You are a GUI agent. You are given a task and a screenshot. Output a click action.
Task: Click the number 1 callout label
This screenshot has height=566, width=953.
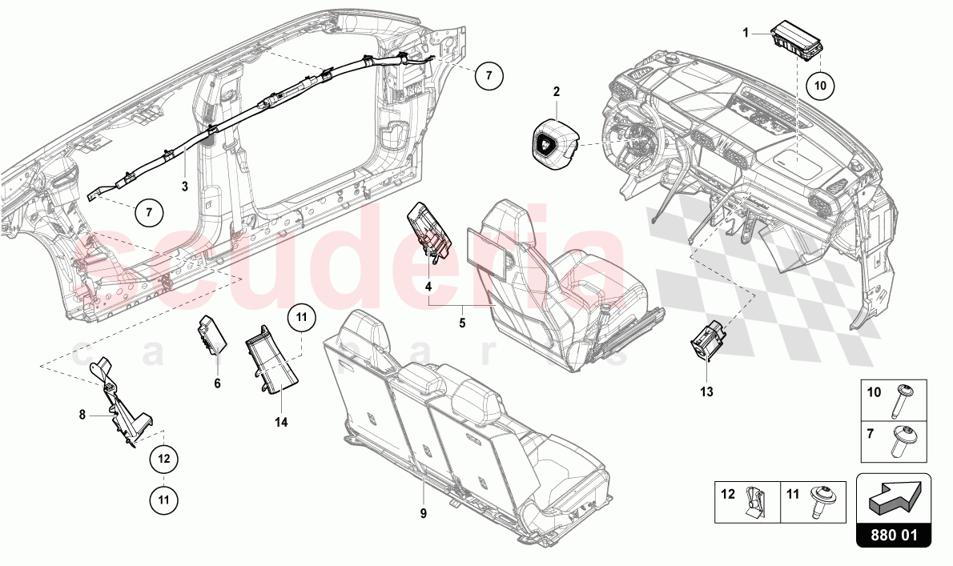(746, 33)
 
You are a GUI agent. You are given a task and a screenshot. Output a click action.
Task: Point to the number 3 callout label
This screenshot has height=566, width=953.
(184, 187)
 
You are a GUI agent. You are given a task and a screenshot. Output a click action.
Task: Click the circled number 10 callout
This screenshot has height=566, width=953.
(819, 82)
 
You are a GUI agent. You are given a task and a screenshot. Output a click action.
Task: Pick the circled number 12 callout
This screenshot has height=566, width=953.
(163, 459)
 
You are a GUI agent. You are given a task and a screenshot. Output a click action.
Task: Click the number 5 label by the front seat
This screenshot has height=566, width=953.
(461, 323)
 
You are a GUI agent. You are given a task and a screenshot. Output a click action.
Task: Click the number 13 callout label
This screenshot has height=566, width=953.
(706, 392)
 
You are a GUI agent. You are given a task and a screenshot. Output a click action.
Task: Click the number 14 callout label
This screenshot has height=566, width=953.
(282, 421)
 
